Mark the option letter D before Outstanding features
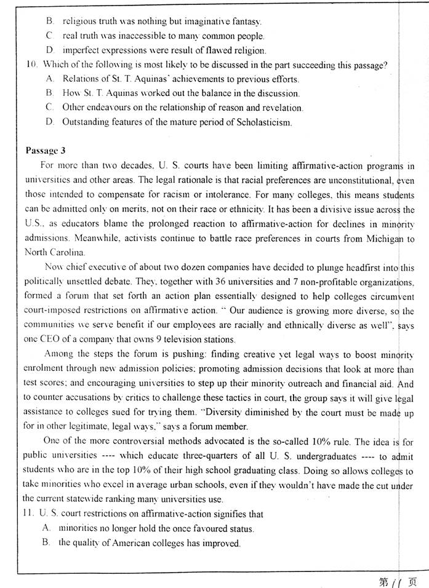(x=50, y=122)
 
